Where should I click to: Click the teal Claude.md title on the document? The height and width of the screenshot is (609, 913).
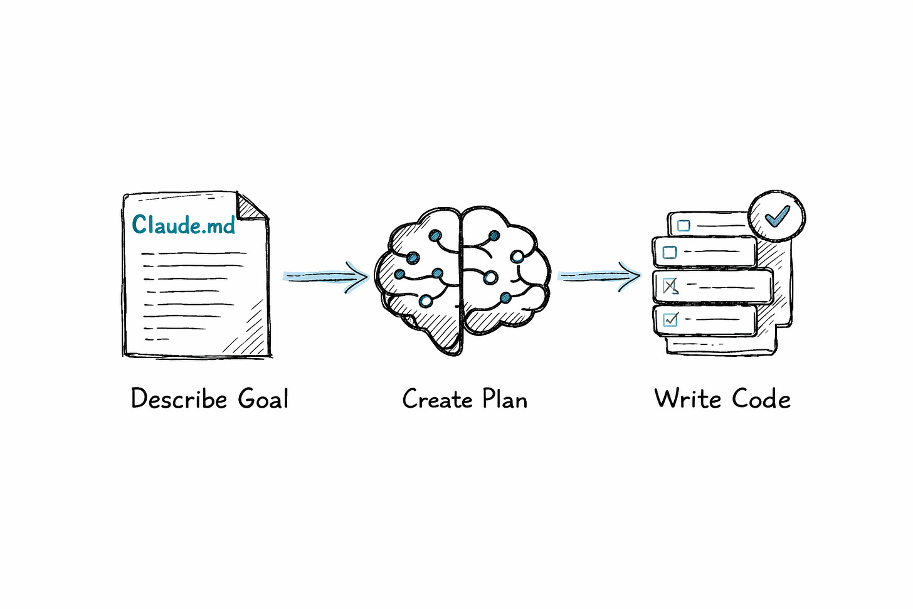point(183,225)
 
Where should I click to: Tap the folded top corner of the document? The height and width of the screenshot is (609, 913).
point(252,207)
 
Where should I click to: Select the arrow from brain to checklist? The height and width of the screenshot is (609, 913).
point(599,276)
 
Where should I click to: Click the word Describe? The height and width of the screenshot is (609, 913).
point(179,399)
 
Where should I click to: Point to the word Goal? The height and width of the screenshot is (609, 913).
point(263,399)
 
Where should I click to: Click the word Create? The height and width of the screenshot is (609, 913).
point(437,399)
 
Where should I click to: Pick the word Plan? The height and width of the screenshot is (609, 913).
point(505,399)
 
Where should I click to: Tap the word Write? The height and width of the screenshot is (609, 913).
point(687,399)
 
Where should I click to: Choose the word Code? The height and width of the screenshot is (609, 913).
point(761,399)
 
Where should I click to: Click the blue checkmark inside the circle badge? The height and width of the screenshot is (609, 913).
point(778,216)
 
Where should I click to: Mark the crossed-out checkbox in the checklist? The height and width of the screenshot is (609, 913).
point(670,286)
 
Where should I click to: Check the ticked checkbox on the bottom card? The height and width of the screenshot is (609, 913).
point(670,320)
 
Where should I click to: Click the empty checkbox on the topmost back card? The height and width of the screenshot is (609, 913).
point(683,225)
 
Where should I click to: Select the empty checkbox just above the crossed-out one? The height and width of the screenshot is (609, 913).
point(670,252)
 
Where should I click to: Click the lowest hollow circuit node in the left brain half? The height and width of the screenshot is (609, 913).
point(426,302)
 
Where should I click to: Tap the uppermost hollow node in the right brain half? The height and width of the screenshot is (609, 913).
point(517,257)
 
